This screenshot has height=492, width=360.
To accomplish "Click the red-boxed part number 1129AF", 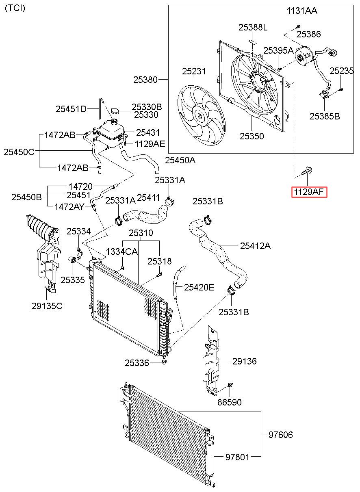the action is [309, 192].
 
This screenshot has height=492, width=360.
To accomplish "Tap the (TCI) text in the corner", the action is [15, 9].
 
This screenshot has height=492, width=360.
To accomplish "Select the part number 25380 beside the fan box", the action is [145, 80].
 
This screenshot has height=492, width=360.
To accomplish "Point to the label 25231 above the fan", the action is [194, 71].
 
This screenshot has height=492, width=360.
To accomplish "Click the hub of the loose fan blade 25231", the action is [200, 115].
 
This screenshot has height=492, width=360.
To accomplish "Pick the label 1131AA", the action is [302, 11].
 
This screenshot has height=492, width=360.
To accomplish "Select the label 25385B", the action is [325, 116].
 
